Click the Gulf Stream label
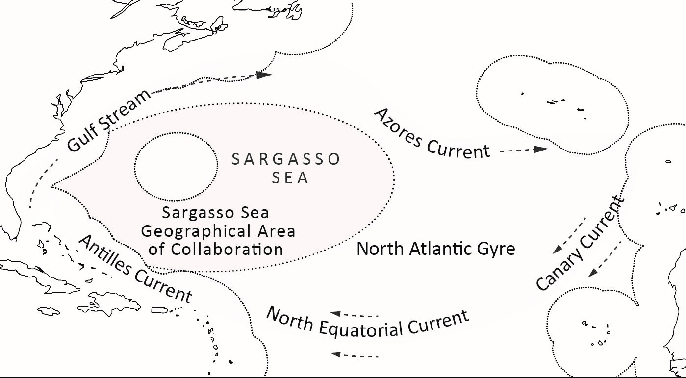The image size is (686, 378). pos(108,121)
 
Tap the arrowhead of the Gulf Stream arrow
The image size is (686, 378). pos(264,75)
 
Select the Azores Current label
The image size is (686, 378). pos(432,134)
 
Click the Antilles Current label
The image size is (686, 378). pos(135,269)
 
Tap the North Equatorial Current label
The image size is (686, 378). pos(367,323)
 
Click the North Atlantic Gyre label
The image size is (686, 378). pos(435,249)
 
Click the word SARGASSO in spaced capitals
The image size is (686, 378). pos(286,159)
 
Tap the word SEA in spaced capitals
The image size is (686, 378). pos(290,177)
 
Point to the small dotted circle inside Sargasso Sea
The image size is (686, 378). pos(176,167)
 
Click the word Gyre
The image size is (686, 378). pos(496,249)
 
